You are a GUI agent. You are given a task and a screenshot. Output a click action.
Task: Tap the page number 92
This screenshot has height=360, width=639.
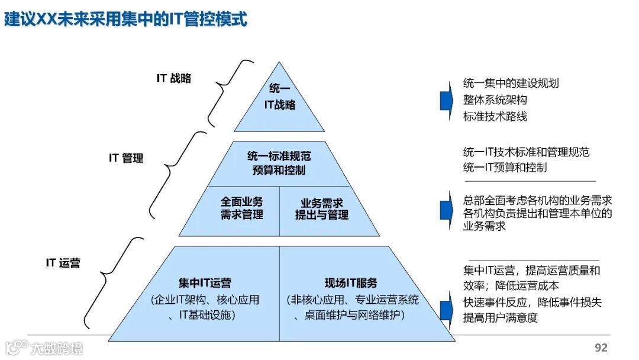601,348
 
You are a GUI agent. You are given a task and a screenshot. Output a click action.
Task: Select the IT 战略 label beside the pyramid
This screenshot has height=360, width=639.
173,78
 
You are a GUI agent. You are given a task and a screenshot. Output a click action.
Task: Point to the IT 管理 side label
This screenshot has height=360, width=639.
126,158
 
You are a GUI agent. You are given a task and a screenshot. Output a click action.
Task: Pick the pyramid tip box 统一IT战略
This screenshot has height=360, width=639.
279,97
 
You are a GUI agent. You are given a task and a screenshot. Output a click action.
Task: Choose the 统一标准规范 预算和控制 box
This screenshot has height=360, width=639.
279,163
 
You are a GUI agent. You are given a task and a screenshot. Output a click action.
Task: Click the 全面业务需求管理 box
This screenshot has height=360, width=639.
242,208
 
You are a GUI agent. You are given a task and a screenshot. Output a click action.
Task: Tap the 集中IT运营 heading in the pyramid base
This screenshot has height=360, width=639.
205,283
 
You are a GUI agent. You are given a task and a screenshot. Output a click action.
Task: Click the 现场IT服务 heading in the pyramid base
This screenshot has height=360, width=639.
351,283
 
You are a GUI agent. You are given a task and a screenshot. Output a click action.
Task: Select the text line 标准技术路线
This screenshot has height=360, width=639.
495,117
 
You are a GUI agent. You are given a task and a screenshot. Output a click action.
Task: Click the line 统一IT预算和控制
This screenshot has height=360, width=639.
505,168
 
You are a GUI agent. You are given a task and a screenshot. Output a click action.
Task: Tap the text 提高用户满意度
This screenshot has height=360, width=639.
500,318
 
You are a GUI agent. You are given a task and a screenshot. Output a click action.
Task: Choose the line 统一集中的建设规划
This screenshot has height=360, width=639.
511,83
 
